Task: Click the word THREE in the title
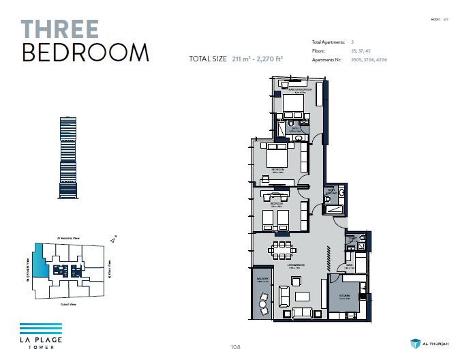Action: tap(60, 29)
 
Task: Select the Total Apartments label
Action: tap(328, 42)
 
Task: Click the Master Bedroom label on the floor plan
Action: tap(300, 89)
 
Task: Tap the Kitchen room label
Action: tap(346, 296)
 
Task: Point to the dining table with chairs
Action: tap(282, 251)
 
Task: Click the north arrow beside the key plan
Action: tap(112, 239)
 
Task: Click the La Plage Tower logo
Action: tap(40, 335)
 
